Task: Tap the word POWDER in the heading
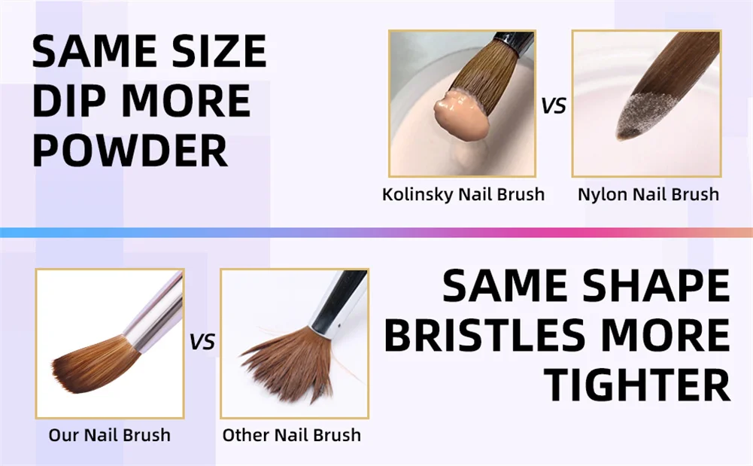(129, 151)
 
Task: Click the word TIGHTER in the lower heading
(638, 385)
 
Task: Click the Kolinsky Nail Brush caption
(463, 194)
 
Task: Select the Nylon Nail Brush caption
(648, 194)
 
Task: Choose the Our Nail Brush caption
(110, 435)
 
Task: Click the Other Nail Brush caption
(292, 435)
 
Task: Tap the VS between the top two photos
(553, 105)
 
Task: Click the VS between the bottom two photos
(202, 342)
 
